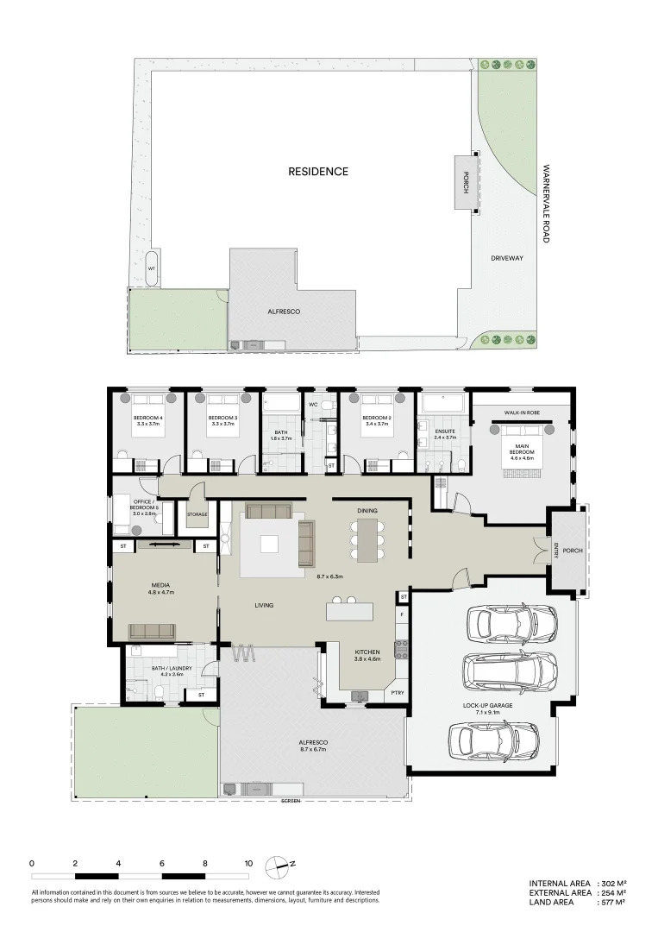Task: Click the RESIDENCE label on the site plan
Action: [x=318, y=172]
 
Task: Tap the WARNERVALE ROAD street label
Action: [x=546, y=204]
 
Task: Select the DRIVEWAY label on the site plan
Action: [x=507, y=258]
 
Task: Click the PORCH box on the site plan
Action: [x=466, y=182]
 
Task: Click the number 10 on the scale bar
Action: [x=248, y=863]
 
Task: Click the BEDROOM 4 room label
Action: [x=147, y=419]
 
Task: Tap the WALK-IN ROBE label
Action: [x=522, y=414]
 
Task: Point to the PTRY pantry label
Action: [x=397, y=693]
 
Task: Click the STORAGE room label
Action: [x=197, y=515]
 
